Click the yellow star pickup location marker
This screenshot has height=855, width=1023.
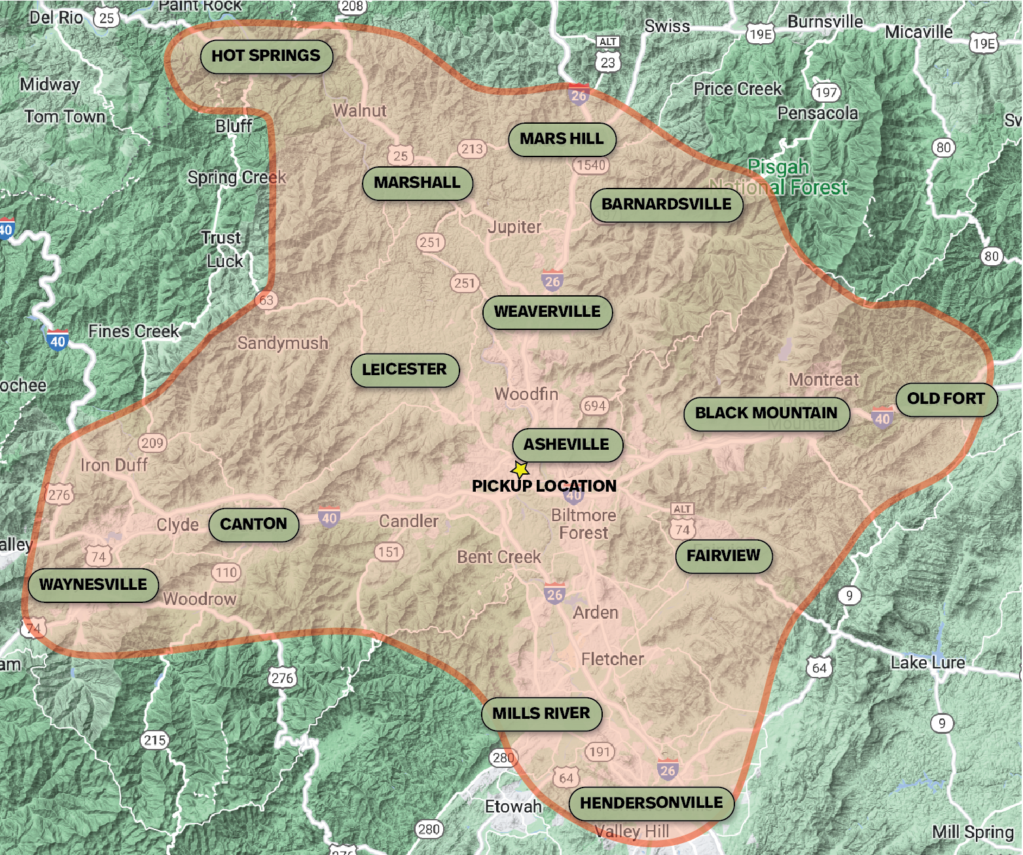pos(520,469)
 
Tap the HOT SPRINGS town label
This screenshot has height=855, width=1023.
pos(266,56)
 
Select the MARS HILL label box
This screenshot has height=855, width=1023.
pos(562,139)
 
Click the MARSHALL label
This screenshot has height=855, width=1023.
pos(418,183)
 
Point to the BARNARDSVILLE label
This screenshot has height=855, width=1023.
pos(666,204)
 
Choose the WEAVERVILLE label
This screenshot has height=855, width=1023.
pos(547,312)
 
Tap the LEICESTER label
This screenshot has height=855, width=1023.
pos(404,369)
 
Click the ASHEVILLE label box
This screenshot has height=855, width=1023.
pos(566,445)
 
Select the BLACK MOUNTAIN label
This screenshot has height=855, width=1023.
pos(766,413)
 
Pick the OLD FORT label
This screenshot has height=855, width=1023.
pos(946,399)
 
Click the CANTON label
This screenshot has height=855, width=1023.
pos(253,524)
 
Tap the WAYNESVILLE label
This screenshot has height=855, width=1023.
pos(93,585)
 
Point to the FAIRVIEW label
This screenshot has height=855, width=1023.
pos(723,556)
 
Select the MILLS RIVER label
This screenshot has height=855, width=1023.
pos(541,714)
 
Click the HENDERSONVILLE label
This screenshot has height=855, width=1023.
pos(651,803)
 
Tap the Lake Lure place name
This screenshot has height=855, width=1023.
pos(927,663)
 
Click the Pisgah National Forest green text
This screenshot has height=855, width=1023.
pos(779,177)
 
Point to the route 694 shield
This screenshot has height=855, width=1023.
pos(594,406)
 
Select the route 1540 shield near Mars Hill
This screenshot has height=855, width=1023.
pos(591,166)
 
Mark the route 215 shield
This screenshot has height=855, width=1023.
pos(154,740)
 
